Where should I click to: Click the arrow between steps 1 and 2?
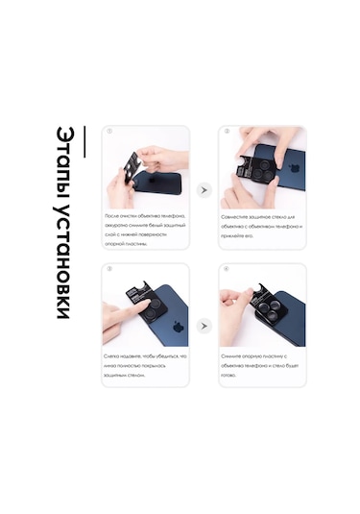204,190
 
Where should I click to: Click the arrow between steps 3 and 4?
204,326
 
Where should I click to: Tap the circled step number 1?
109,132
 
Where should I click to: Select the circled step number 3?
109,269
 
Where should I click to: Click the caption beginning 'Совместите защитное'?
261,227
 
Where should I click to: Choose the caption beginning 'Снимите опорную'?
261,365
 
